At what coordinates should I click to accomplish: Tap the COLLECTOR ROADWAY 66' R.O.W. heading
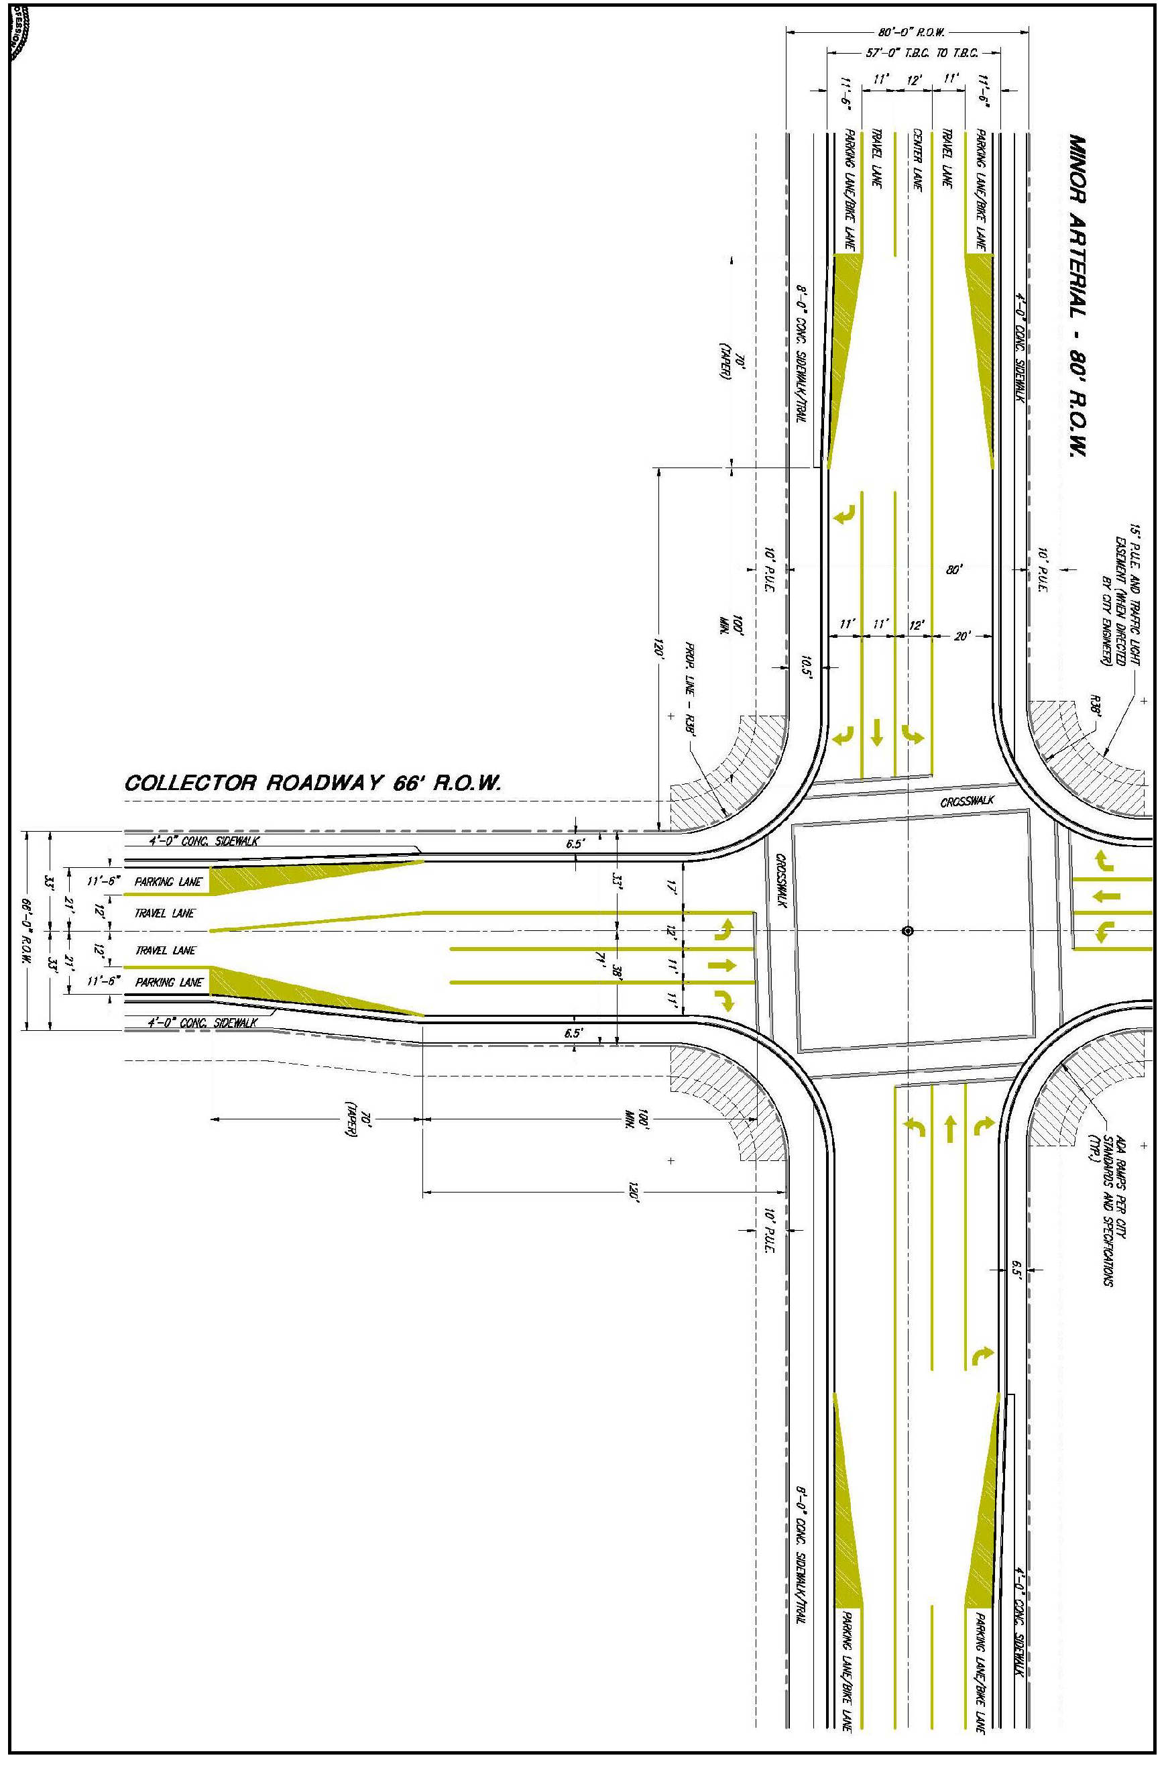[x=313, y=783]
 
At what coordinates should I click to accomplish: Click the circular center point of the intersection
[x=907, y=930]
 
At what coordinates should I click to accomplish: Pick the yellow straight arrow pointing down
[x=878, y=732]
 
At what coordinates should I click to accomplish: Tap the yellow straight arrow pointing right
[x=722, y=965]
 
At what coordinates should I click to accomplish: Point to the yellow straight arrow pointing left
[x=1106, y=897]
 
